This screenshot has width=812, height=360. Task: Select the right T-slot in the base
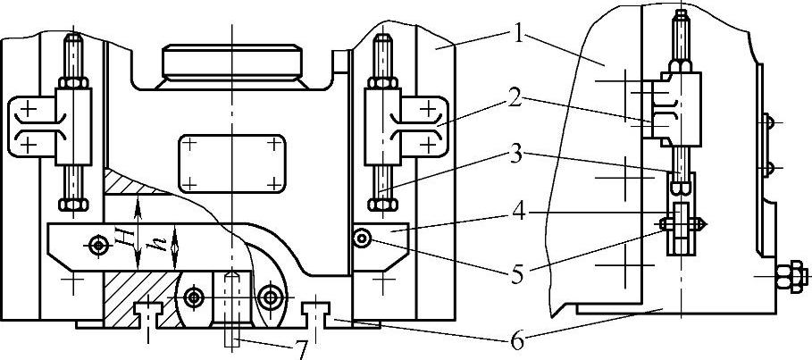pos(318,312)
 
